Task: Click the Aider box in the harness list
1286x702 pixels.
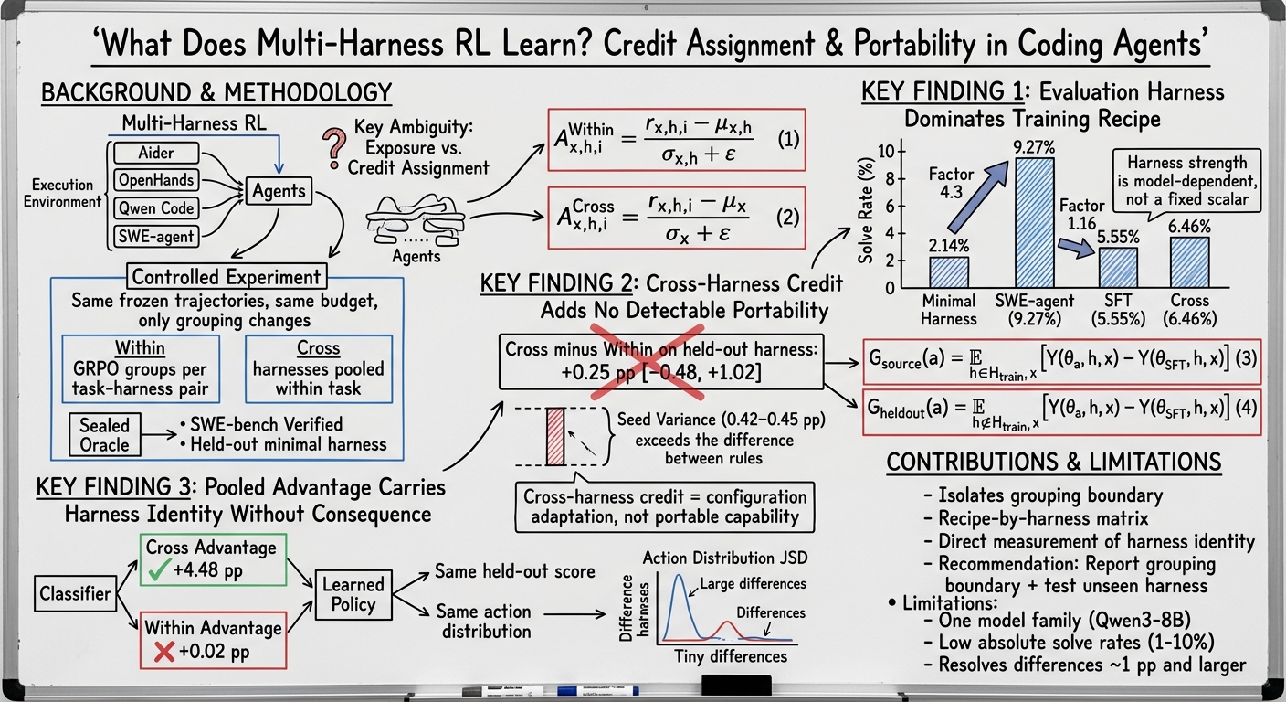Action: (156, 153)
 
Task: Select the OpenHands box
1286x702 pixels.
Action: (156, 180)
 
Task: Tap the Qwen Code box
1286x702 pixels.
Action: (156, 208)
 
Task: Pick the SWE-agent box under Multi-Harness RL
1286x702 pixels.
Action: (156, 236)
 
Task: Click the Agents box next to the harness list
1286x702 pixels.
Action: (279, 191)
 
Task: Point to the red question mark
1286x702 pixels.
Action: (334, 148)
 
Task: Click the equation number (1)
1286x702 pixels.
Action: (788, 140)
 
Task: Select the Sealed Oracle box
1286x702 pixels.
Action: (104, 435)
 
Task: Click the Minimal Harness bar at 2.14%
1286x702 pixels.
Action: (949, 272)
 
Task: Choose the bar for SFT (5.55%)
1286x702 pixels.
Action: (1118, 268)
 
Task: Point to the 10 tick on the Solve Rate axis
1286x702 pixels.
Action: (887, 152)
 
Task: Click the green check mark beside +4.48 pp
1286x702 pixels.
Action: (158, 569)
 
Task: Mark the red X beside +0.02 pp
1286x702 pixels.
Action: (164, 652)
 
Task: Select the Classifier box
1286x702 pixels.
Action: (75, 593)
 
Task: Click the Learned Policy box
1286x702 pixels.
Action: (353, 594)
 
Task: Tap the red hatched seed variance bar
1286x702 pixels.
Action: (555, 437)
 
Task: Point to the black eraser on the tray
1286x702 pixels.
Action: (736, 685)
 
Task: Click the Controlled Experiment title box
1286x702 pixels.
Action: (227, 277)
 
